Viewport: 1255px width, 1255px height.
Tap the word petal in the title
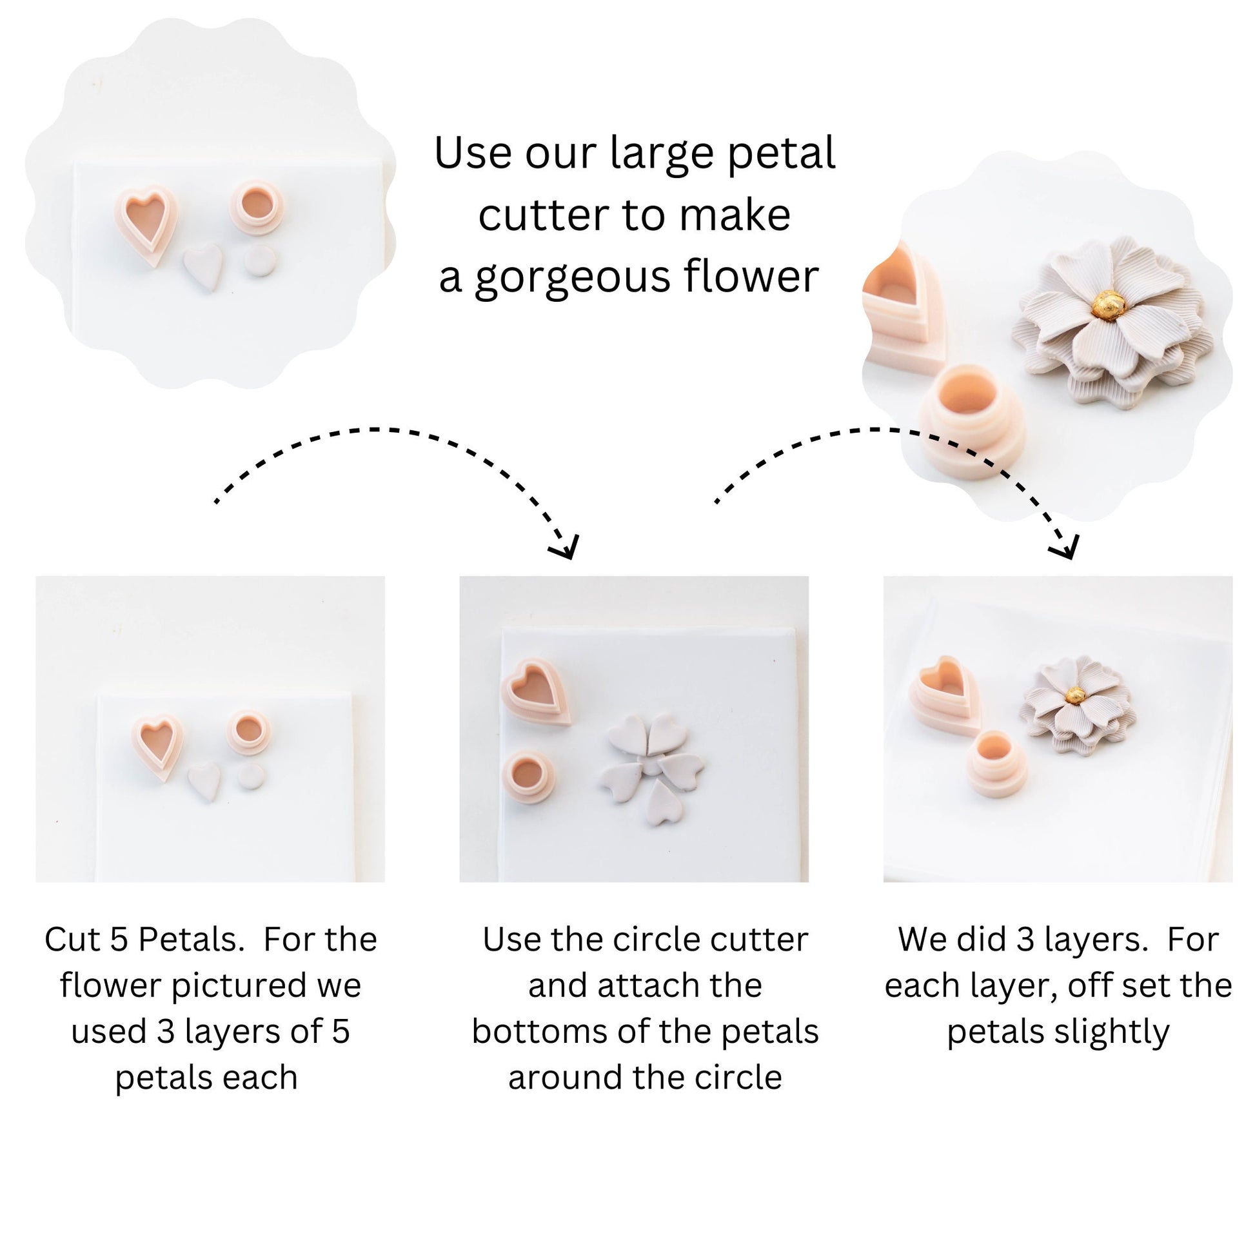[781, 153]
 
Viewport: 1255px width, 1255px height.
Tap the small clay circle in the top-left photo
[260, 261]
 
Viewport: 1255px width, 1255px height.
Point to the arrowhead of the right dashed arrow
[1065, 548]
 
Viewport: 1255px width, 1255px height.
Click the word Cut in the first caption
[72, 940]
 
